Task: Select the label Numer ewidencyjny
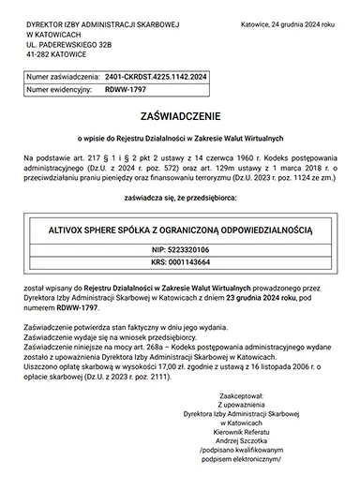click(58, 90)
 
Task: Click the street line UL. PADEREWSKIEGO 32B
click(76, 44)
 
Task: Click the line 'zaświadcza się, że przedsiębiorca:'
click(180, 199)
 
